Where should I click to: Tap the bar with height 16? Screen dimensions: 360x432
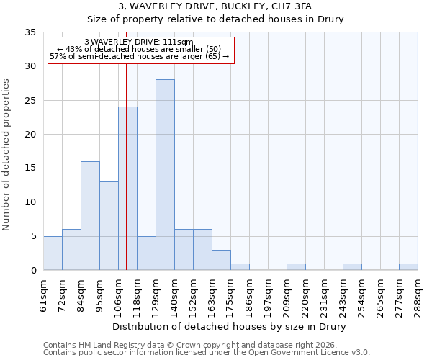click(x=90, y=216)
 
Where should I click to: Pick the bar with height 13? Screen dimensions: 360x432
click(x=109, y=226)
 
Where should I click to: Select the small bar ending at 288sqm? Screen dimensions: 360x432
click(x=408, y=267)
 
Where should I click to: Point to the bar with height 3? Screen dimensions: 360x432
click(x=221, y=260)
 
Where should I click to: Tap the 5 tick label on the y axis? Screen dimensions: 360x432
click(x=33, y=237)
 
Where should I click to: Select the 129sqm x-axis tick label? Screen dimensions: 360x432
click(x=156, y=296)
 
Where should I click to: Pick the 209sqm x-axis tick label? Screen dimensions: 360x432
click(x=287, y=296)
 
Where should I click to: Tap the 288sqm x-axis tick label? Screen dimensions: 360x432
click(x=418, y=296)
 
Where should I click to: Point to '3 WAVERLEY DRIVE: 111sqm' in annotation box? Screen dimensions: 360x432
click(x=139, y=42)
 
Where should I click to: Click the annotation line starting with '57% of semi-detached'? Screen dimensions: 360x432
click(x=139, y=56)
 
